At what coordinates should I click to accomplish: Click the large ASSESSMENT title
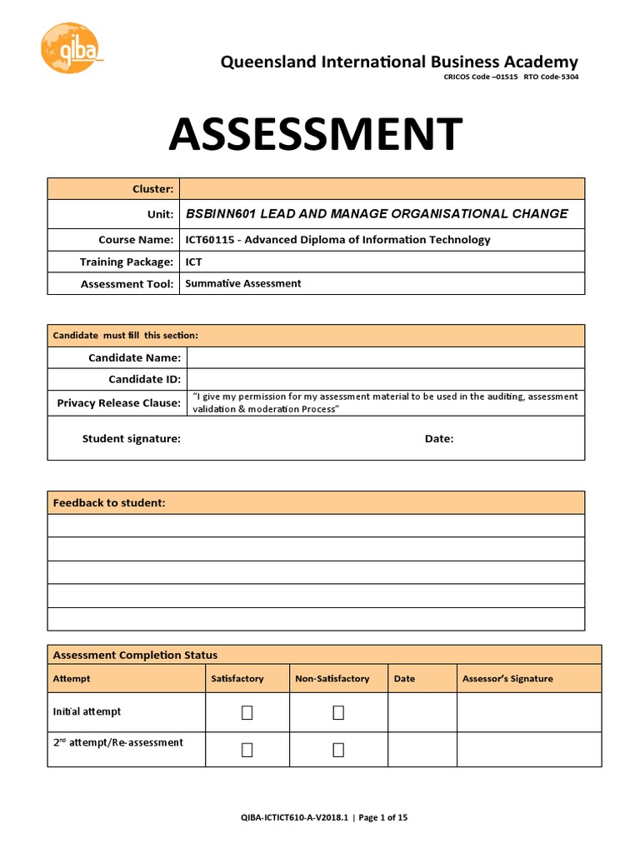point(315,135)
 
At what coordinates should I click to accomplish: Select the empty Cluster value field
point(382,189)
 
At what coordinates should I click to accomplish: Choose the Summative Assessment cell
point(242,284)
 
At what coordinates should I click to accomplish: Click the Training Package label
point(127,262)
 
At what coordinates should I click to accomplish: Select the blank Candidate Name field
point(385,358)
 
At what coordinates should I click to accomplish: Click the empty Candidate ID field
point(385,379)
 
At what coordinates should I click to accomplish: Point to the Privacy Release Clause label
point(118,403)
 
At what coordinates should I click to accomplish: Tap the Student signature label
point(131,439)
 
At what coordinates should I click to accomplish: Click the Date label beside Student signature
point(439,439)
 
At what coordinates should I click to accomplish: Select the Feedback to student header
point(109,503)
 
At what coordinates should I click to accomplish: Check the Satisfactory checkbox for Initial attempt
point(247,712)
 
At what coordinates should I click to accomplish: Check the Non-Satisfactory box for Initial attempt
point(338,712)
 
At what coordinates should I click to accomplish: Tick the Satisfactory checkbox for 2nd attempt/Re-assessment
point(247,750)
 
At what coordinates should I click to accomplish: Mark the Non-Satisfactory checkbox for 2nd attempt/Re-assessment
point(338,750)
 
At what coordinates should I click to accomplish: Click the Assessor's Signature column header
point(507,679)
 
